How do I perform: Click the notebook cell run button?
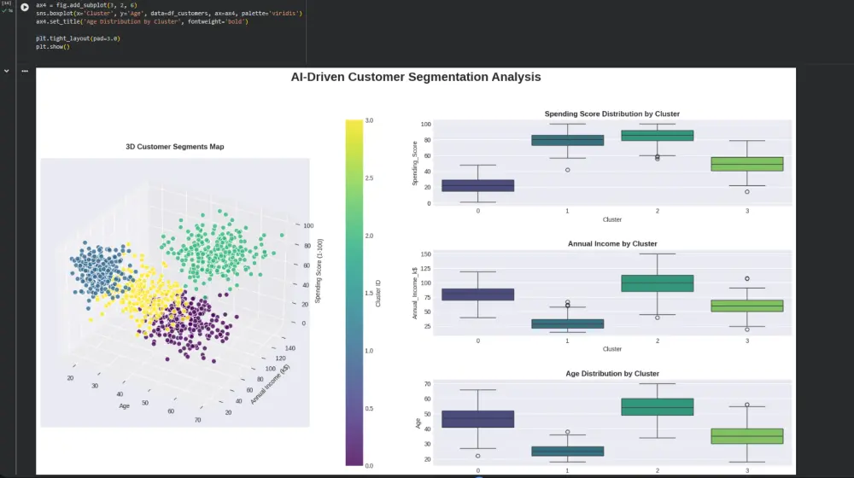pos(24,7)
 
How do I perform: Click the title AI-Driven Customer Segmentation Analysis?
pos(415,77)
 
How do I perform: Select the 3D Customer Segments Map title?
pos(175,147)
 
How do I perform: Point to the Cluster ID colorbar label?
pos(378,293)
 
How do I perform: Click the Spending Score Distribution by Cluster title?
pos(611,114)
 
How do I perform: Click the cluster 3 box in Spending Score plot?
pos(746,164)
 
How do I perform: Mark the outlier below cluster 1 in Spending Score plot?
pos(567,170)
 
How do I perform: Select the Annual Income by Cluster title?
pos(611,244)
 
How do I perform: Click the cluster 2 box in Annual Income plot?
pos(657,283)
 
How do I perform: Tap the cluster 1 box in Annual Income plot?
pos(567,324)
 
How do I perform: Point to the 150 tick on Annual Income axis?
pos(425,254)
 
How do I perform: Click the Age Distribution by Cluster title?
pos(611,374)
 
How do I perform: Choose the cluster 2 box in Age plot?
pos(657,406)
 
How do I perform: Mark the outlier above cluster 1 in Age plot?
pos(567,432)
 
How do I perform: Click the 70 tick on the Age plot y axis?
pos(427,384)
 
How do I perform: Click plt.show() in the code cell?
pos(53,47)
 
